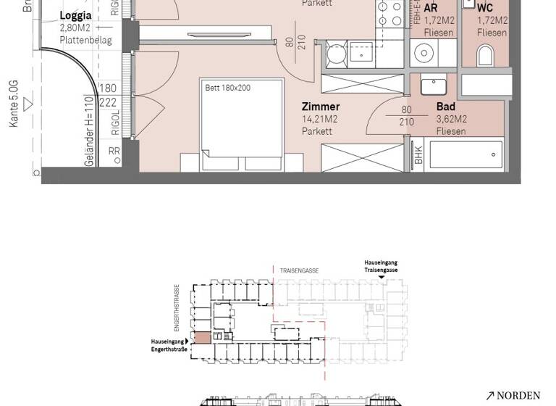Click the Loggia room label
pos(76,15)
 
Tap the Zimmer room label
pos(321,107)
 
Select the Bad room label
pos(446,107)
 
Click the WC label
pos(485,8)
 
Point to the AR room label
pos(430,8)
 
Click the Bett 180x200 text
pos(227,88)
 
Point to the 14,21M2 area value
pos(320,120)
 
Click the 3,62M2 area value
pos(452,120)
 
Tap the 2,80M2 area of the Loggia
pos(75,28)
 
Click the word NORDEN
pos(518,396)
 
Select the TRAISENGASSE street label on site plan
pos(299,270)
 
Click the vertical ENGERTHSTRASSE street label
pos(176,304)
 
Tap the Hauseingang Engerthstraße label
pos(168,344)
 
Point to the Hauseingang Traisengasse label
pos(381,266)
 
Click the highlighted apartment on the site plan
pos(201,337)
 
